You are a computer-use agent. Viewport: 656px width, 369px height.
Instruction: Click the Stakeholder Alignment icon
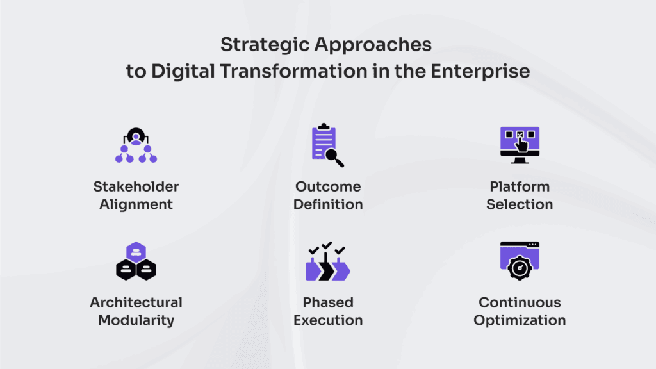coord(136,146)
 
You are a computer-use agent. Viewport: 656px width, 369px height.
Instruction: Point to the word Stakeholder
coord(136,186)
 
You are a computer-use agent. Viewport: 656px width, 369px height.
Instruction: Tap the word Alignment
coord(136,204)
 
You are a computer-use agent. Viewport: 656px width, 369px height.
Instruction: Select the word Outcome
coord(328,186)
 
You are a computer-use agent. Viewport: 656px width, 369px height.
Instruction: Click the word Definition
coord(328,204)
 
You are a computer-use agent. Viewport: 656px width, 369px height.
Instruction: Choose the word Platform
coord(520,186)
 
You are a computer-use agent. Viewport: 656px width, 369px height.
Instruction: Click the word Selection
coord(520,204)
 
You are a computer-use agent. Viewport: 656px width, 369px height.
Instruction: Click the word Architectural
coord(136,302)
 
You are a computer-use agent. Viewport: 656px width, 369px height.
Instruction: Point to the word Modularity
coord(136,320)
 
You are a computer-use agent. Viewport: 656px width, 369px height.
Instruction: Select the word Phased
coord(328,302)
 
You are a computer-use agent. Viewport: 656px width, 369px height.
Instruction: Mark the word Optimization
coord(520,320)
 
